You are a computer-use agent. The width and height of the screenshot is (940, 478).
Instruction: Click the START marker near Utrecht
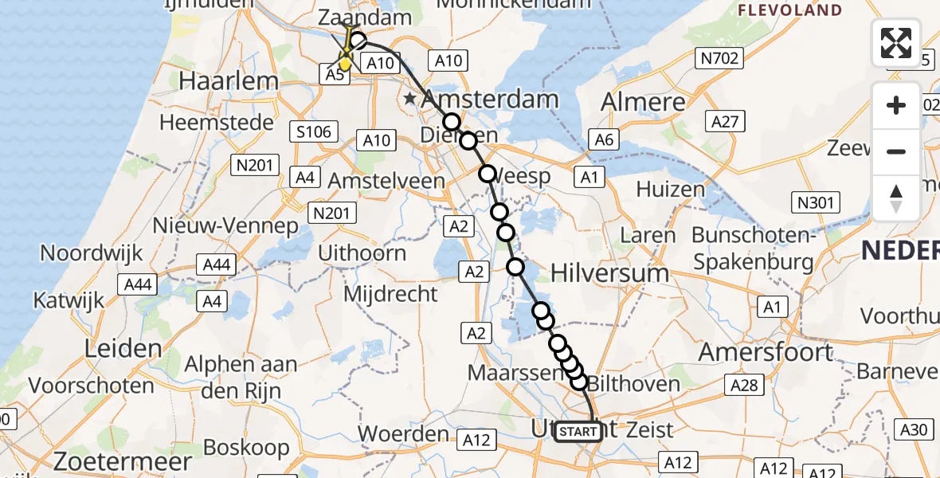point(578,432)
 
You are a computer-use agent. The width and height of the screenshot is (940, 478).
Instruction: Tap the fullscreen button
point(896,43)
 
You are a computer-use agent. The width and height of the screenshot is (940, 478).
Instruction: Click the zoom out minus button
point(896,151)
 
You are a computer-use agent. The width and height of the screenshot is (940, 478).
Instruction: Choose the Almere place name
point(643,101)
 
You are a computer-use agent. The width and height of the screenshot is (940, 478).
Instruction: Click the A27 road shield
point(723,121)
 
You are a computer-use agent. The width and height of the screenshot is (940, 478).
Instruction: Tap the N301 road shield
point(821,202)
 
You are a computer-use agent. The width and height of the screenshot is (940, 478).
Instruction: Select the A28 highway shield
point(744,386)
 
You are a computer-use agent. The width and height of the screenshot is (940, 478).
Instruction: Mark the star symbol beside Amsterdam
point(409,99)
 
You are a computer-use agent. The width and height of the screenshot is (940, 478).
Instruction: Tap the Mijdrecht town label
point(390,294)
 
